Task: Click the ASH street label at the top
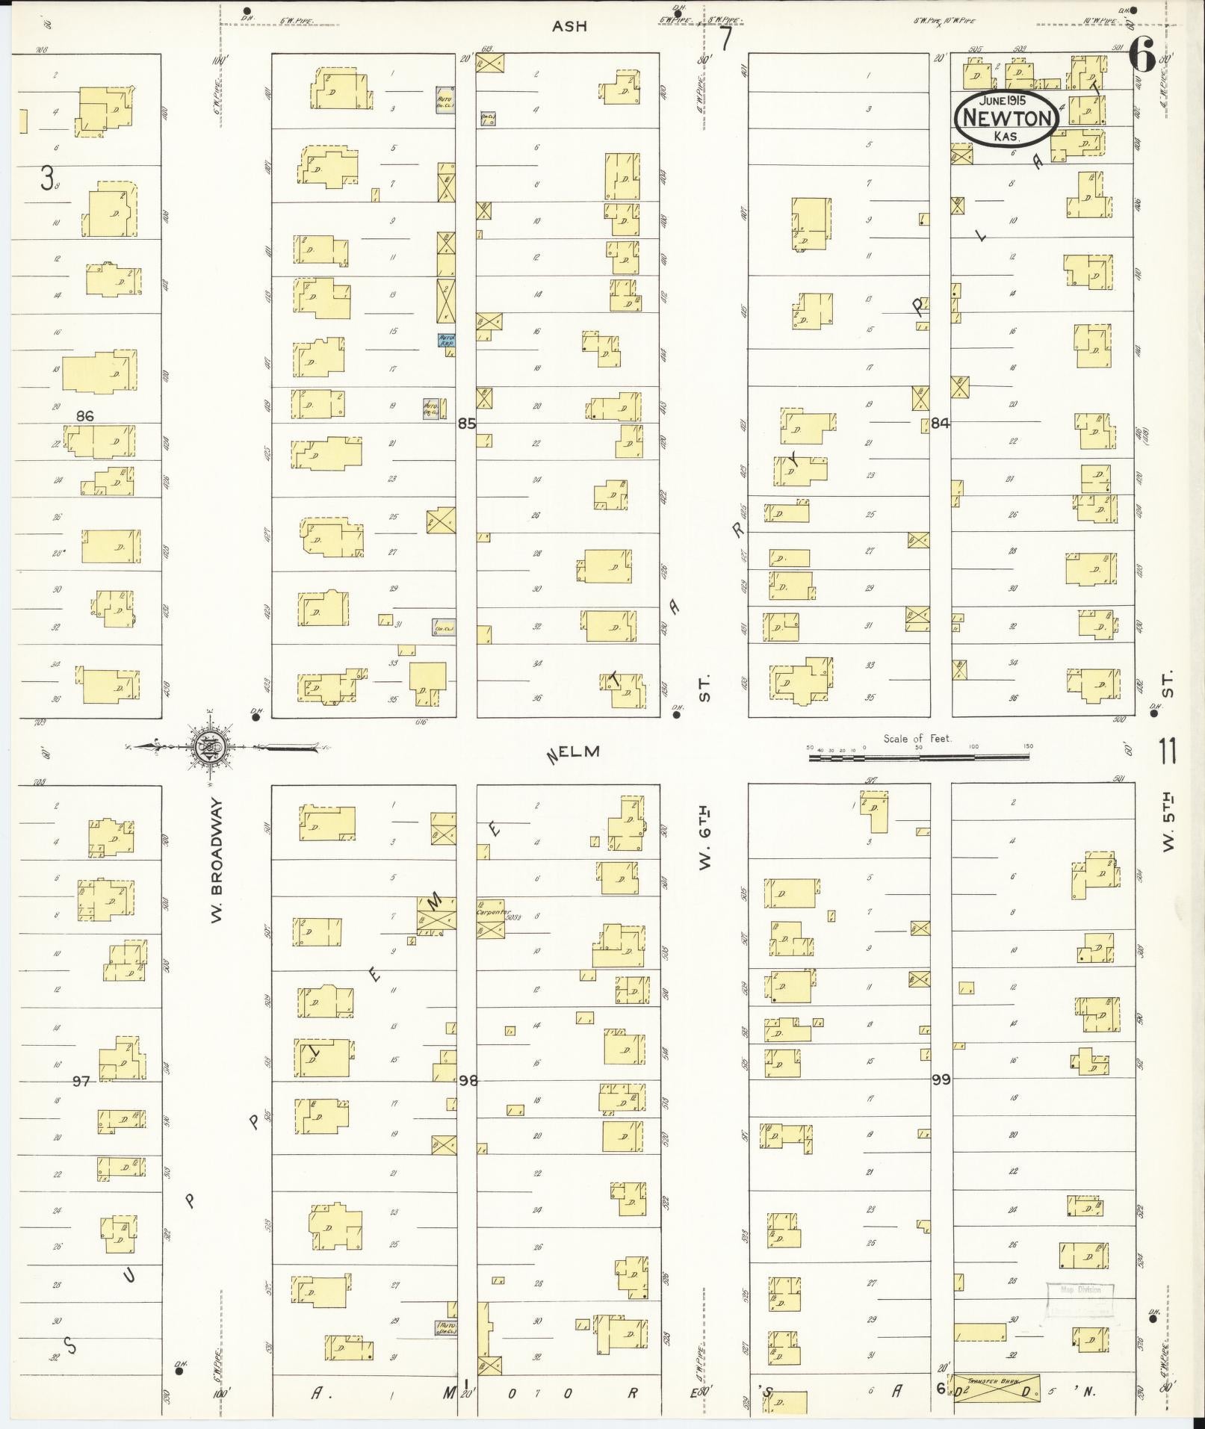pos(569,26)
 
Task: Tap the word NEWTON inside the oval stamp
pos(1008,119)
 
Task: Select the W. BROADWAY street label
pos(217,859)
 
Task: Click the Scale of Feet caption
pos(917,738)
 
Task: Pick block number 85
pos(467,424)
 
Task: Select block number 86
pos(84,415)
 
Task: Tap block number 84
pos(940,424)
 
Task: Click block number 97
pos(81,1080)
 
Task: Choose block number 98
pos(468,1080)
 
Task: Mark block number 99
pos(941,1079)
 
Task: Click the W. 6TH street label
pos(704,838)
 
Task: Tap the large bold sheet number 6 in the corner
pos(1142,55)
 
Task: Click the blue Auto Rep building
pos(447,340)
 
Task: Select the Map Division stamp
pos(1080,1290)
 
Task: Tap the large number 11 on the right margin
pos(1168,751)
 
